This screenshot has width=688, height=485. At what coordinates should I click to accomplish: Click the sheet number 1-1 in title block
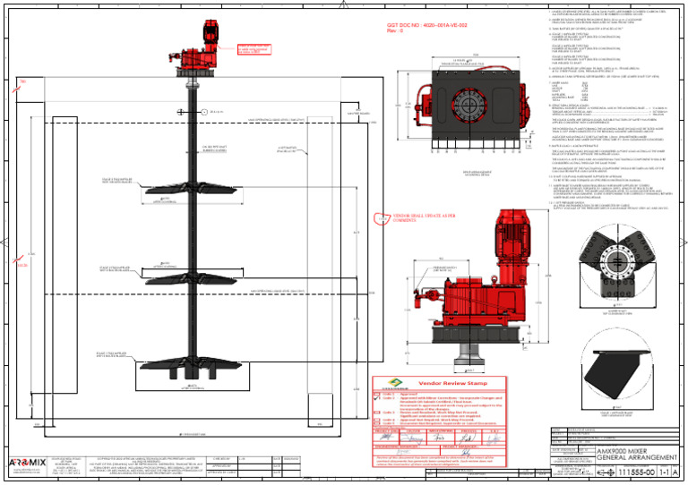point(666,472)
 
